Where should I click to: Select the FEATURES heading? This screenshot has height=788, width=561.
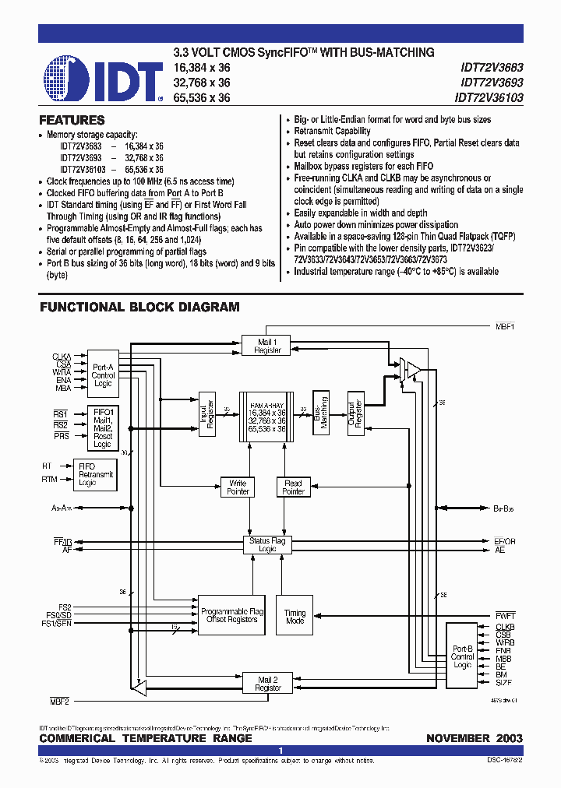pyautogui.click(x=72, y=121)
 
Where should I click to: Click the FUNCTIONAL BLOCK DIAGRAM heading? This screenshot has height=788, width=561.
pyautogui.click(x=139, y=308)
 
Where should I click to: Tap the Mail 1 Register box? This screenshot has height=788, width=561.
pyautogui.click(x=267, y=346)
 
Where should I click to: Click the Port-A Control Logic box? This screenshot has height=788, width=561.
pyautogui.click(x=103, y=373)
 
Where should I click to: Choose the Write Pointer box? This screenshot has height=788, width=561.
pyautogui.click(x=238, y=487)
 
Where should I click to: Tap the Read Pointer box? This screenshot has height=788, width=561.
pyautogui.click(x=293, y=487)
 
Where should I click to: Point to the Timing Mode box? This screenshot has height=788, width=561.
pyautogui.click(x=295, y=617)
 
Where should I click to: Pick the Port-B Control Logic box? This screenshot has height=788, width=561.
pyautogui.click(x=462, y=657)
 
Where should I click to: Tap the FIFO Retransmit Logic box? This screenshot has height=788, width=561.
pyautogui.click(x=96, y=474)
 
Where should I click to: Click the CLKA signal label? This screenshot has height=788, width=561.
pyautogui.click(x=62, y=356)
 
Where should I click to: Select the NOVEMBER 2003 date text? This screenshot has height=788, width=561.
pyautogui.click(x=474, y=738)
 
